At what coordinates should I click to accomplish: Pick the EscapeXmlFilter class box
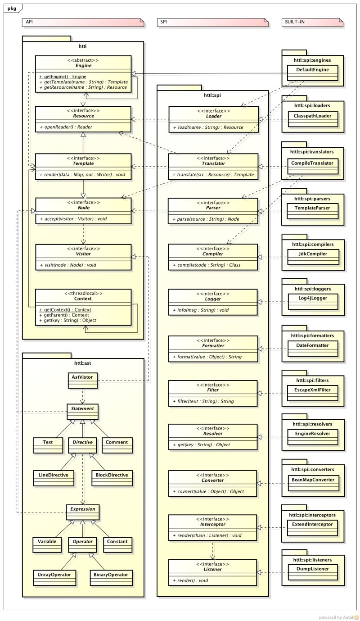(313, 391)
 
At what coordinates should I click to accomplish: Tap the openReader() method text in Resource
(66, 127)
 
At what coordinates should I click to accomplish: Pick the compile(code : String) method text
(206, 265)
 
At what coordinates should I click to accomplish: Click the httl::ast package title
(83, 363)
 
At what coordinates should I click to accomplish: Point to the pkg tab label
(12, 9)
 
